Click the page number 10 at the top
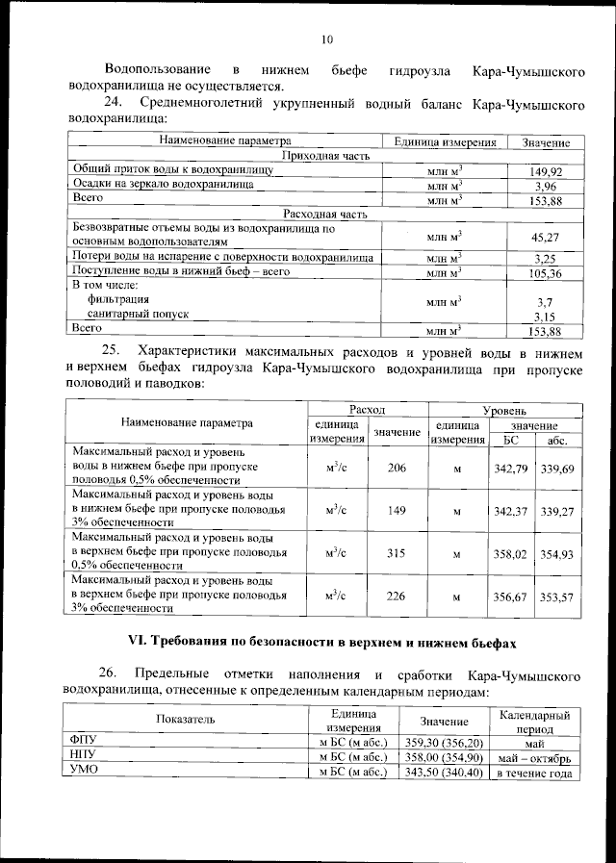[326, 39]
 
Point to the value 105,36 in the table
[545, 273]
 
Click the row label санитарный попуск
[138, 315]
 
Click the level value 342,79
[511, 468]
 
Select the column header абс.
[557, 441]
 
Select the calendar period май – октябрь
[534, 758]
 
